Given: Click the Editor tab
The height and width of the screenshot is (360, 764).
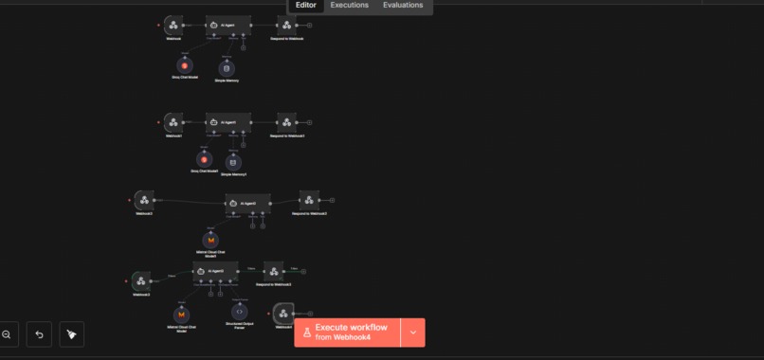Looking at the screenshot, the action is [x=306, y=6].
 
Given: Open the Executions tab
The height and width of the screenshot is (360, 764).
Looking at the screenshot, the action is [x=349, y=6].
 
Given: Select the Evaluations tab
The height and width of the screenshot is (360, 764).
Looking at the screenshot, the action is [x=403, y=6].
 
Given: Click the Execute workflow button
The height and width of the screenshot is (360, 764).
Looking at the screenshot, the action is [x=347, y=333].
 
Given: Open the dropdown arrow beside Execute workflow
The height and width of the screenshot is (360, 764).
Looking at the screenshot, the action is [x=412, y=333].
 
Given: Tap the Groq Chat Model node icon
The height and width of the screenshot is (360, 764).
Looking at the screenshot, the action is [x=184, y=64].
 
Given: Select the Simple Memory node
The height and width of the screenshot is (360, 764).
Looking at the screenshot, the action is [x=227, y=67].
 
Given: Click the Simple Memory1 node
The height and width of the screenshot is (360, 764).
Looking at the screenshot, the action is [x=233, y=161].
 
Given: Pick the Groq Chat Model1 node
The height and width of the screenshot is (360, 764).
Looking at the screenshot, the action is [x=204, y=158].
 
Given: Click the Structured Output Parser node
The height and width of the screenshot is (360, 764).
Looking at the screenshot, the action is [x=239, y=311].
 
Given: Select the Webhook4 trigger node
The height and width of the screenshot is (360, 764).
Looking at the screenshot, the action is [x=282, y=313].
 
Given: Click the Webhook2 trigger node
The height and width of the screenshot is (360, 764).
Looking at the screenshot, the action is [x=143, y=199].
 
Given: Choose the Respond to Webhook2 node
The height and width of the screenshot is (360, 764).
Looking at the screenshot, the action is [x=309, y=199].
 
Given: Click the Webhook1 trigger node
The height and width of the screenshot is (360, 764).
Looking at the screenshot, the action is [x=172, y=121].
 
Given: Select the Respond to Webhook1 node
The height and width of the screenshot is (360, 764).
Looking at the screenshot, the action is [x=286, y=121].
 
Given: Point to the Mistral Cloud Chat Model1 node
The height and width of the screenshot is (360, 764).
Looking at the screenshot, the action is [x=210, y=240].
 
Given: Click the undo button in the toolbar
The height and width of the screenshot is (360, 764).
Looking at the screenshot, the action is [x=39, y=333].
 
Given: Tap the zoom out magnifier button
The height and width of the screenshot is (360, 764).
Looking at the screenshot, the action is [x=7, y=333].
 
